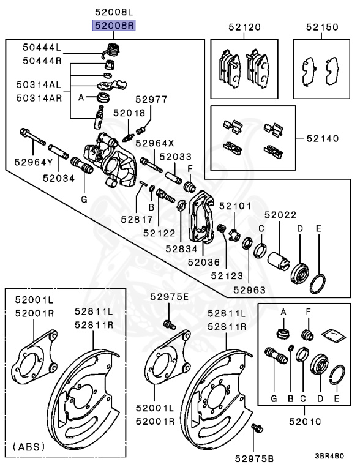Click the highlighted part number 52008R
click(x=113, y=26)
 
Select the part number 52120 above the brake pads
click(x=244, y=28)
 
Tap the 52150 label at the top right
click(x=322, y=28)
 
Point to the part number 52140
click(x=322, y=139)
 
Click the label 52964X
click(x=156, y=143)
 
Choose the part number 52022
click(x=280, y=215)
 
